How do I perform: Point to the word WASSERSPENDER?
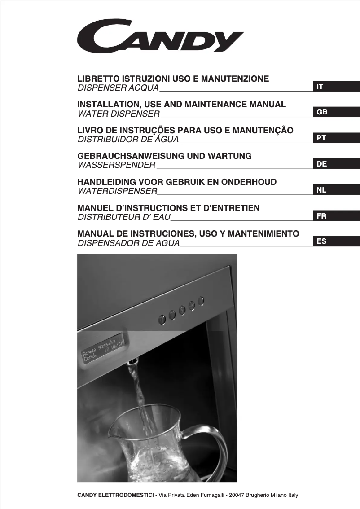[x=117, y=165]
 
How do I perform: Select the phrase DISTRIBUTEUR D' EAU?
[x=124, y=218]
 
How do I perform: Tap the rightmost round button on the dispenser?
[x=201, y=300]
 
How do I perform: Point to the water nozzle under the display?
[x=133, y=361]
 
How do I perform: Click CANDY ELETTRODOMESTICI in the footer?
[x=115, y=495]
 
